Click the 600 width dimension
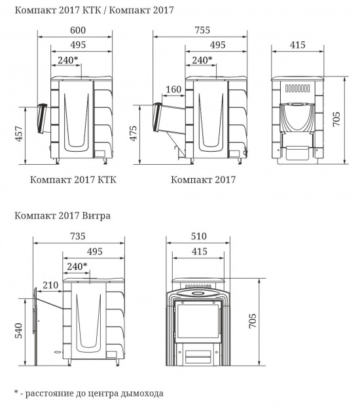(x=78, y=30)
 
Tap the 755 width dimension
(x=202, y=30)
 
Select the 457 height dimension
(x=20, y=133)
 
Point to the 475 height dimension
(x=134, y=133)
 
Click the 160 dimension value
(x=173, y=89)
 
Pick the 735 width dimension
(x=78, y=236)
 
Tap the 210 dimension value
(x=50, y=285)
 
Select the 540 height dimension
(x=18, y=330)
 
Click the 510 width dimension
(x=198, y=236)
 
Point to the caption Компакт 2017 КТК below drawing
(x=73, y=180)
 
